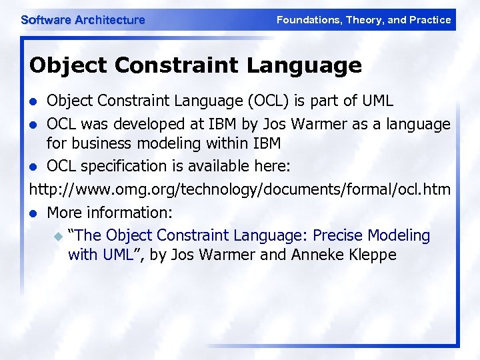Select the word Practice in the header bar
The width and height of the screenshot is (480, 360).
[x=429, y=20]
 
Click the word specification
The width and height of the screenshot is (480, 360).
[x=127, y=165]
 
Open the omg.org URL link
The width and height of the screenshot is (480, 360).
[x=240, y=190]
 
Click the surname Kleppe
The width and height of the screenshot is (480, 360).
[x=371, y=255]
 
